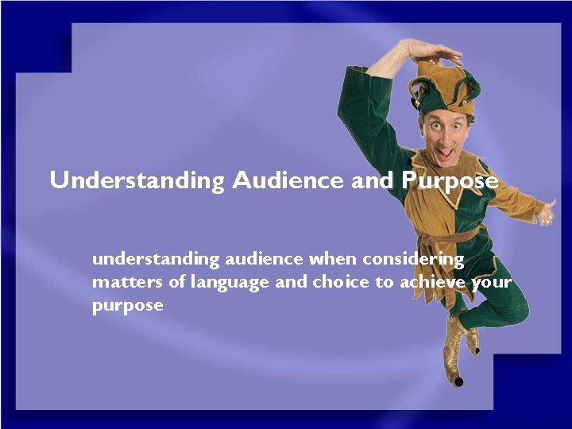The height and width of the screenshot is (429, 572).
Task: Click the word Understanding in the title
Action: click(x=137, y=181)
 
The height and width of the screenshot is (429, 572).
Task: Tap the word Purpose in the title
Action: click(x=450, y=181)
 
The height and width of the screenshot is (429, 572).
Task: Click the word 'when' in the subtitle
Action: click(x=333, y=259)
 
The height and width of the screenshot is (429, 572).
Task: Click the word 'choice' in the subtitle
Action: click(x=341, y=283)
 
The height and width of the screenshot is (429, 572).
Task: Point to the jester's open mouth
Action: click(x=448, y=150)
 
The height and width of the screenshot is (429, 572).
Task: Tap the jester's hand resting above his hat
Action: click(x=433, y=52)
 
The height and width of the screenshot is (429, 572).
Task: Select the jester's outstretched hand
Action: click(x=547, y=213)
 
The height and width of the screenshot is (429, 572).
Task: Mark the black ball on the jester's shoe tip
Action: click(x=458, y=381)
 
